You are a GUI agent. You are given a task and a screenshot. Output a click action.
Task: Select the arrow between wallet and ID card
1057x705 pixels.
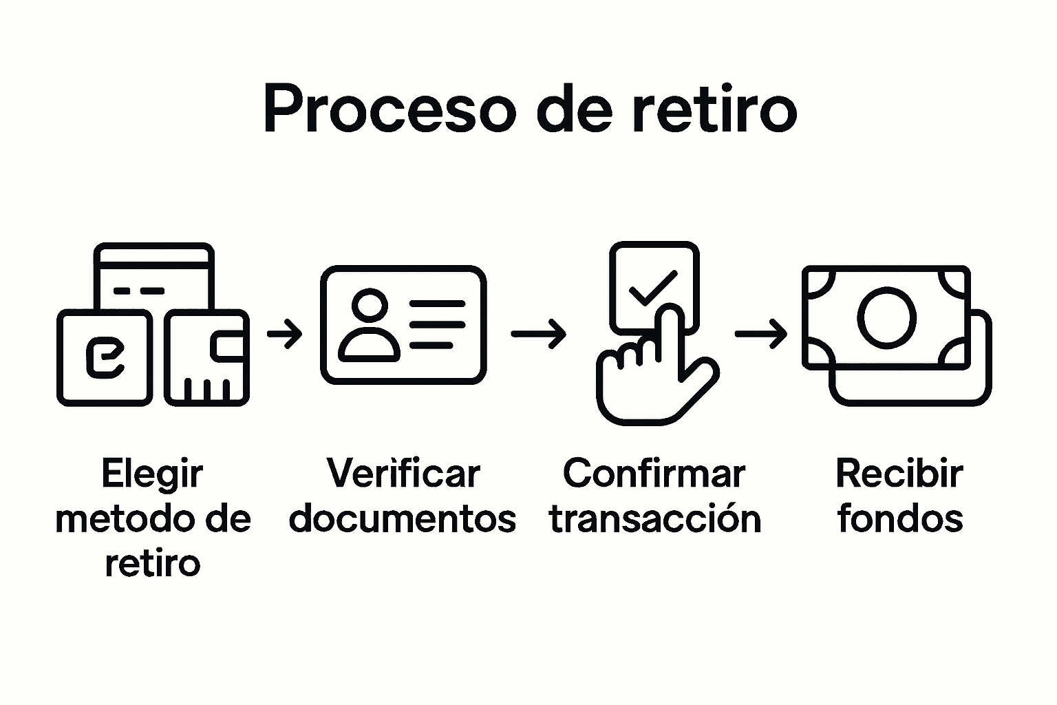pyautogui.click(x=284, y=335)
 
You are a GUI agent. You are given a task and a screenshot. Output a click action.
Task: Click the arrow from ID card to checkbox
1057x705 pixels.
pyautogui.click(x=538, y=334)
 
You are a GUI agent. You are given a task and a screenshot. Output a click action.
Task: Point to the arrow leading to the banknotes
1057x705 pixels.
pyautogui.click(x=761, y=334)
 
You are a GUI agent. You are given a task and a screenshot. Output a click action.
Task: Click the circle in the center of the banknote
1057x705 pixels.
pyautogui.click(x=886, y=317)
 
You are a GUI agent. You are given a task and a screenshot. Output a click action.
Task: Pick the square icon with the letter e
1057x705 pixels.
pyautogui.click(x=105, y=358)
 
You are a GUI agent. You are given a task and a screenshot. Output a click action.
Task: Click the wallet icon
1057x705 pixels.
pyautogui.click(x=206, y=358)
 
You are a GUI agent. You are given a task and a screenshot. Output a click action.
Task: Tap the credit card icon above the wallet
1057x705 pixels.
pyautogui.click(x=153, y=275)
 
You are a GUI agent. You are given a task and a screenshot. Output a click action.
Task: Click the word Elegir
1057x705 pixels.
pyautogui.click(x=152, y=474)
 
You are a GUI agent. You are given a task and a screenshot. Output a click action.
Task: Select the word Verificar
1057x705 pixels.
pyautogui.click(x=403, y=474)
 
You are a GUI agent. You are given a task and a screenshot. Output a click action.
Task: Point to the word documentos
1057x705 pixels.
pyautogui.click(x=403, y=519)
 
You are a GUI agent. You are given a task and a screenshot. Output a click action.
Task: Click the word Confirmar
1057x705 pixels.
pyautogui.click(x=654, y=474)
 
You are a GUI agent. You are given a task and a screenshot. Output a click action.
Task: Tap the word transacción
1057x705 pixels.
pyautogui.click(x=655, y=519)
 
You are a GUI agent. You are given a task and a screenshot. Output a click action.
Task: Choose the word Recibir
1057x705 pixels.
pyautogui.click(x=899, y=474)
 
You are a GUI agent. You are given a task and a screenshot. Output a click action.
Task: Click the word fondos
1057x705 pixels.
pyautogui.click(x=899, y=519)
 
